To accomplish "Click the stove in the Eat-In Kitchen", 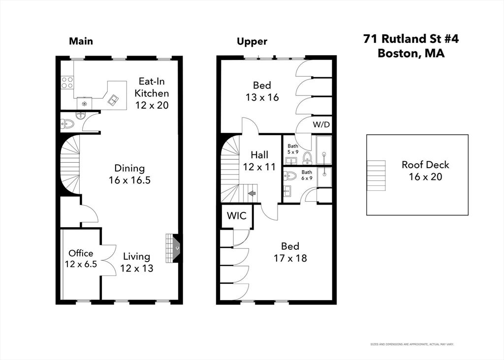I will coord(67,82).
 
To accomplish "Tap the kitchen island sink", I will coord(113,100).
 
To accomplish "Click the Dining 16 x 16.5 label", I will coord(129,174).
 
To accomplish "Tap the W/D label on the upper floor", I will coord(321,124).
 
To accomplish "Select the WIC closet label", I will coord(237,216).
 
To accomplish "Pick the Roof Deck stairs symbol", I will coord(376,176).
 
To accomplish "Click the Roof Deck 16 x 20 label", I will coord(425,171).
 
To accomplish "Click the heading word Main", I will coord(81,41).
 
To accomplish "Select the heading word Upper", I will coord(252,42).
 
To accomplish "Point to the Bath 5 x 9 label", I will coord(293,149).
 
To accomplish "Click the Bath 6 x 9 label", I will coord(307,175).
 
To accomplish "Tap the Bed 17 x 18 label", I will coord(290,252).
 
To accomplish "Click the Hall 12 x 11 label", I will coord(259,160).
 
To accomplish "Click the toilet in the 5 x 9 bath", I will coord(307,157).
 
